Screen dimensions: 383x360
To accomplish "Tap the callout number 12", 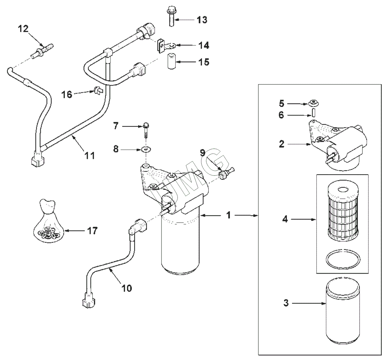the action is (x=23, y=29).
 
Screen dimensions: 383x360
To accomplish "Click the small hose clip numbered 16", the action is (x=98, y=91).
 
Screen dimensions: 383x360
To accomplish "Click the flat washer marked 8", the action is (x=146, y=149).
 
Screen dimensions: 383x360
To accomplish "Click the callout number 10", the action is (x=127, y=288).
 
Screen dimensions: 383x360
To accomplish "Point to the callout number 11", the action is (x=90, y=155).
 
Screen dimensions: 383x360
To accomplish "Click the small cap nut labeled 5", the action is (x=313, y=103).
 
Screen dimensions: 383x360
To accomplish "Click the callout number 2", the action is (x=282, y=144).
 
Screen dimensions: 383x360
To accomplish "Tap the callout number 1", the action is (x=229, y=215).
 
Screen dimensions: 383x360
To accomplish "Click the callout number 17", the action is (x=93, y=230).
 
